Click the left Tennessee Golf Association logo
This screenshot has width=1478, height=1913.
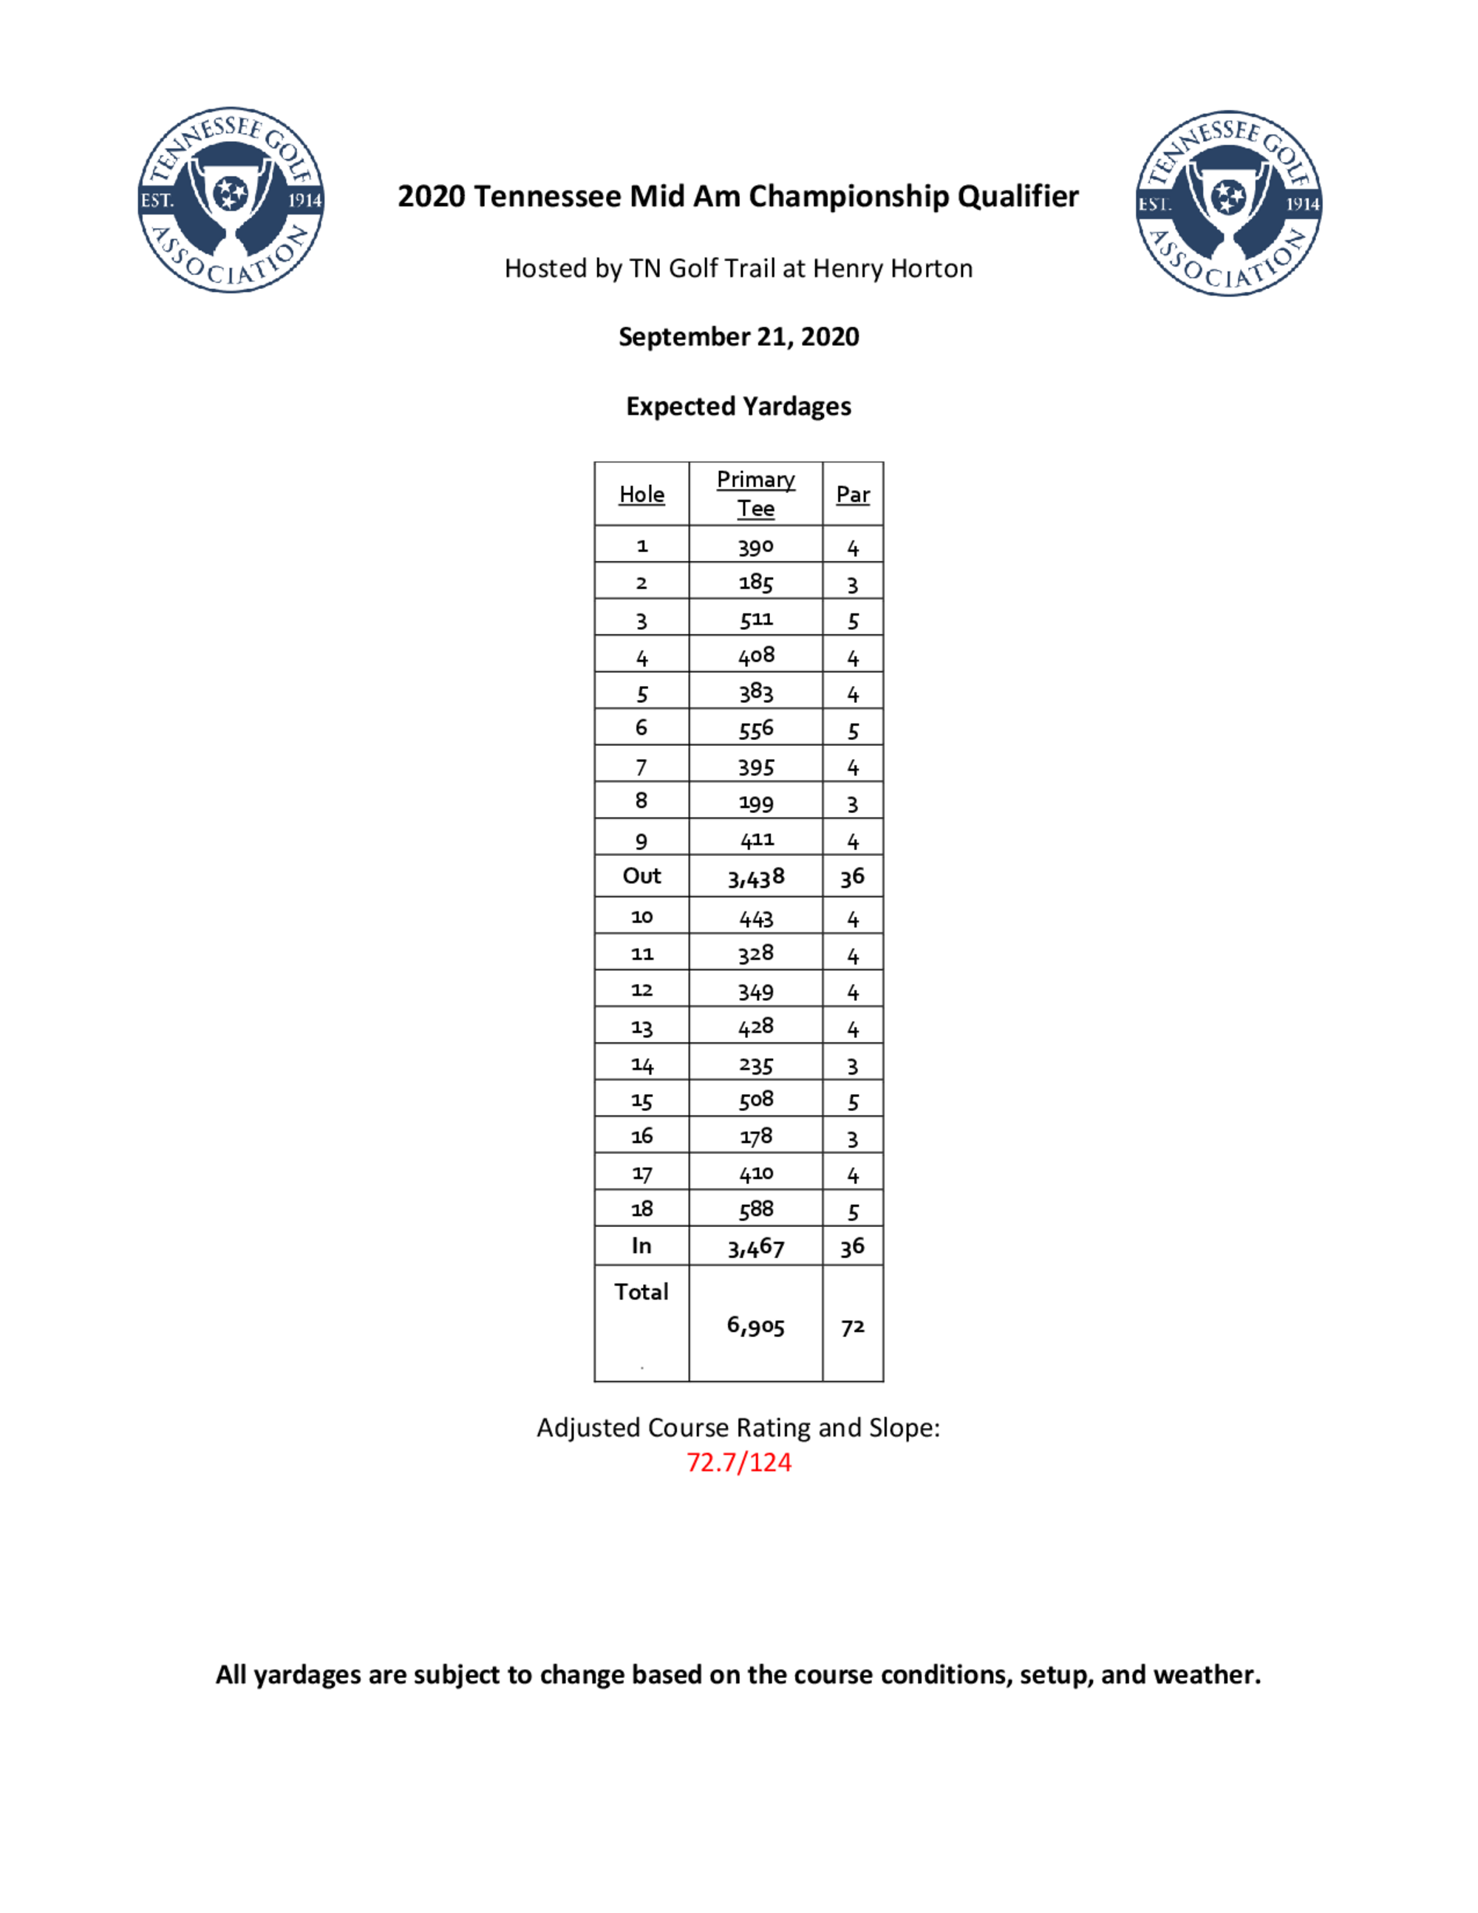(231, 200)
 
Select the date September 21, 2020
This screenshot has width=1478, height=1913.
(738, 337)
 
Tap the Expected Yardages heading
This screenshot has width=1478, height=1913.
(738, 407)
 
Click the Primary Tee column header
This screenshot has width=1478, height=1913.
(756, 493)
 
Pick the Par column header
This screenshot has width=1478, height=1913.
(853, 495)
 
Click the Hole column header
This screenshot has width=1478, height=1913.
(641, 495)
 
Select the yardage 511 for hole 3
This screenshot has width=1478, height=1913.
(756, 619)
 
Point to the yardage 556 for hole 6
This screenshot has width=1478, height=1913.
(756, 729)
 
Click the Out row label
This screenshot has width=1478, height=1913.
(641, 876)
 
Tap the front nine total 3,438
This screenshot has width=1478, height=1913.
(756, 877)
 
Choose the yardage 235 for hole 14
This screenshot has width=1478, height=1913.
(756, 1065)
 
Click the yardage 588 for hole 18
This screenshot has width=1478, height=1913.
(756, 1209)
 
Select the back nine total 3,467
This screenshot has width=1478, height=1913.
(756, 1247)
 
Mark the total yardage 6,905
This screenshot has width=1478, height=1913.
(756, 1325)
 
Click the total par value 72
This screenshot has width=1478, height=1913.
(853, 1327)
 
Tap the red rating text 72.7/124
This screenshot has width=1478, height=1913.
(738, 1462)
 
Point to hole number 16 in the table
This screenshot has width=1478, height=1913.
(641, 1136)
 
